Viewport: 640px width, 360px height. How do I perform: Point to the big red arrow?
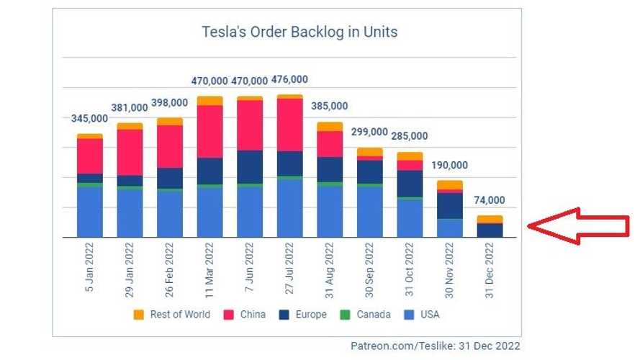point(580,226)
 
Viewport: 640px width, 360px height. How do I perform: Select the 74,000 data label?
point(489,201)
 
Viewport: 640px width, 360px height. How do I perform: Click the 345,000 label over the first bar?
point(89,119)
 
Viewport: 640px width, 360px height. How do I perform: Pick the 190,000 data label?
point(450,165)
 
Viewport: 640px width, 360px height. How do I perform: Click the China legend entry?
point(248,315)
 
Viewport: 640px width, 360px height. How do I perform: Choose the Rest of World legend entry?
point(173,315)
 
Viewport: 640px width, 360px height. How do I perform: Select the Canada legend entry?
point(368,315)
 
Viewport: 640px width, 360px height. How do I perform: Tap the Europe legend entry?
point(305,315)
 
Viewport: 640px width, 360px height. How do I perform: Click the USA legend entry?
point(423,315)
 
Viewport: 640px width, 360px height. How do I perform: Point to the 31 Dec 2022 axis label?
point(490,270)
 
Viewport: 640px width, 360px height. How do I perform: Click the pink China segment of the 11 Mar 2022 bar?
point(209,131)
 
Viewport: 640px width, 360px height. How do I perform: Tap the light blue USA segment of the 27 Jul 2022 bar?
point(289,208)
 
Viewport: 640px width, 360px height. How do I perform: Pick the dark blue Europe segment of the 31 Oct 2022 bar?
point(410,183)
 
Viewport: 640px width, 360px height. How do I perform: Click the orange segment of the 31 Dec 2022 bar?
point(490,219)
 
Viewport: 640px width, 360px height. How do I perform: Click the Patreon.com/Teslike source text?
point(435,346)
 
